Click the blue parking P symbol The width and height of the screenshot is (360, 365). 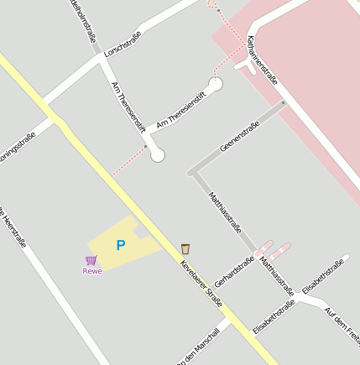(121, 245)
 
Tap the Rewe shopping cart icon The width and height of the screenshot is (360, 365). (91, 260)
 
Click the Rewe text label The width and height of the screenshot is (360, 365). (92, 271)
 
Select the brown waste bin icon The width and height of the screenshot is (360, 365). (185, 248)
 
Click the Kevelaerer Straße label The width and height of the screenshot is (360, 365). (202, 283)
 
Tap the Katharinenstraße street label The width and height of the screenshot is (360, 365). (263, 60)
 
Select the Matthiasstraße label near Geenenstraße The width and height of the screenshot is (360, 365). (225, 215)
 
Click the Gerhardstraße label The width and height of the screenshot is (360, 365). (234, 274)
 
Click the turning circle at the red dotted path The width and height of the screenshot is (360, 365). (157, 155)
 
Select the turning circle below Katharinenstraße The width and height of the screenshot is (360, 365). (216, 85)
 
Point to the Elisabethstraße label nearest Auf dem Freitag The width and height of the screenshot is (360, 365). (323, 276)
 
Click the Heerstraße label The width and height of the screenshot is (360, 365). (13, 227)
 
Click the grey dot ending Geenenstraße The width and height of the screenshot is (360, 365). (284, 102)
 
